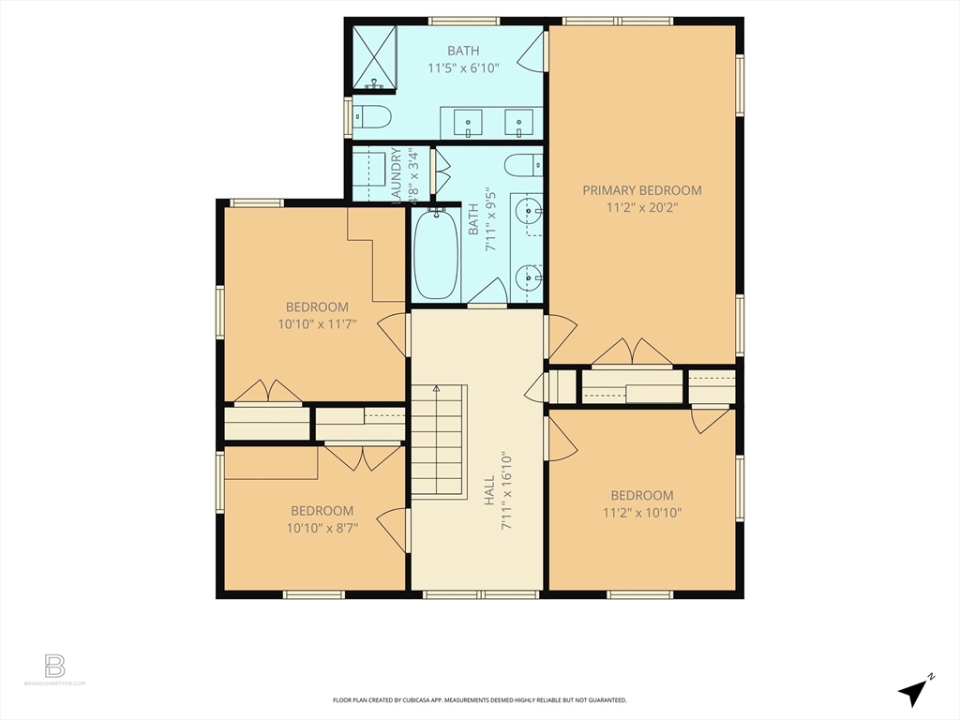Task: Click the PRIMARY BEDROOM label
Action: pos(641,190)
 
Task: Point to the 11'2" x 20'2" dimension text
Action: pos(641,207)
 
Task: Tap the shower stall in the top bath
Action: pos(374,57)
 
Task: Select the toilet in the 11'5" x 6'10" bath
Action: pos(372,118)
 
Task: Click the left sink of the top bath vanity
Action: pos(468,122)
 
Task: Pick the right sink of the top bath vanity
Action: pos(518,122)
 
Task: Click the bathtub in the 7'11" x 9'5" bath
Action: pos(436,255)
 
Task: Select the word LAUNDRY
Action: pos(397,174)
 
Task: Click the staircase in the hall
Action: pos(439,441)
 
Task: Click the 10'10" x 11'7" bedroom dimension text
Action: pos(317,324)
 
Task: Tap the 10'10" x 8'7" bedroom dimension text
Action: pos(322,528)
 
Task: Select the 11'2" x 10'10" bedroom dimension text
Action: pos(641,513)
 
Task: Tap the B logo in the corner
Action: pos(55,667)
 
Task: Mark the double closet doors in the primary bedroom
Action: pos(632,352)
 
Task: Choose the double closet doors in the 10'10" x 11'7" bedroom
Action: pos(268,392)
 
